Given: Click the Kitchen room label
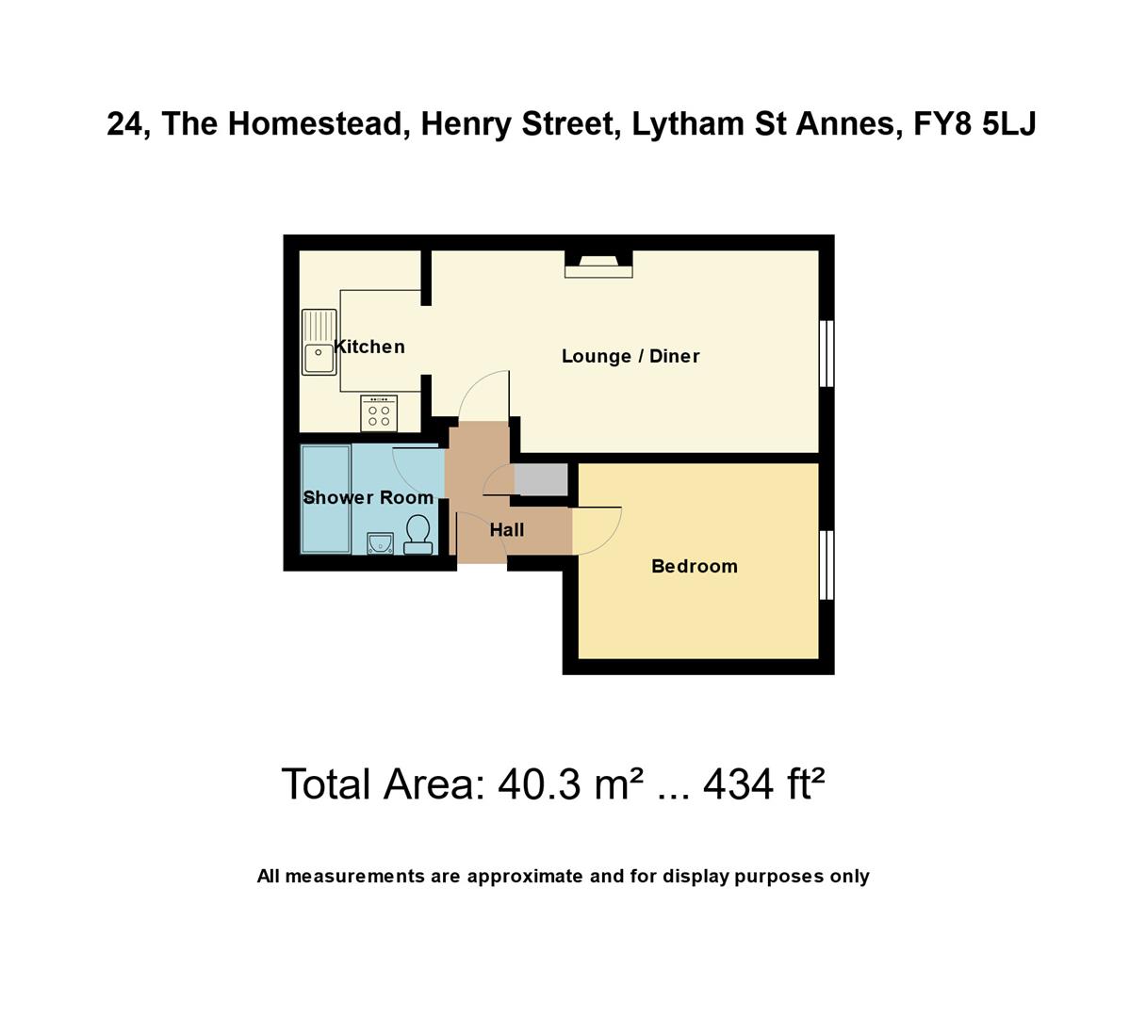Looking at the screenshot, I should tap(369, 347).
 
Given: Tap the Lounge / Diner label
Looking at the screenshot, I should tap(630, 356).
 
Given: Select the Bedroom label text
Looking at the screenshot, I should tap(695, 566).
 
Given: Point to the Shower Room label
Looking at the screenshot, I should tap(368, 497).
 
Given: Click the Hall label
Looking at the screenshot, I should tap(507, 530).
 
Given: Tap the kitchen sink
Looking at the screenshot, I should tap(319, 343).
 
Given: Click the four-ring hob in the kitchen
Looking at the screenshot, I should tap(379, 413).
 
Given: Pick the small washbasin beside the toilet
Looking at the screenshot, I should tap(380, 543).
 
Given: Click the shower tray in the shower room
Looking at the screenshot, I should tap(325, 499).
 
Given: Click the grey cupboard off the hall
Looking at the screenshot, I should tap(542, 479).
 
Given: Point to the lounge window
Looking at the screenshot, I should tap(827, 353).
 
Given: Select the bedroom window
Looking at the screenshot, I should tap(827, 565).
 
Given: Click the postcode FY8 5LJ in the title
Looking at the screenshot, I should tap(974, 124).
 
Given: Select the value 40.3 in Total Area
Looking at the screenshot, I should tap(540, 784).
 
